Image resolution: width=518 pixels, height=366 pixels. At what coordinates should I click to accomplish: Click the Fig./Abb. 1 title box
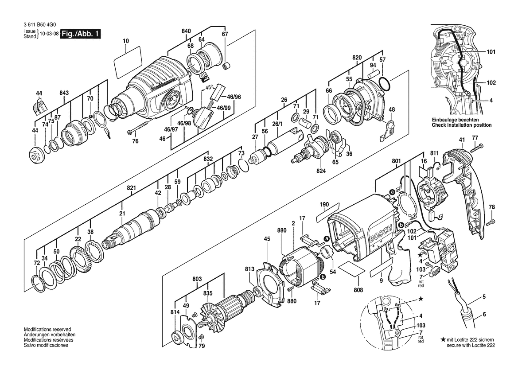point(80,34)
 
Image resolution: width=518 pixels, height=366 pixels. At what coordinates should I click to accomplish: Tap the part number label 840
point(186,31)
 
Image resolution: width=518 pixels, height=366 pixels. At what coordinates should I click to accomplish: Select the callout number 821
point(132,188)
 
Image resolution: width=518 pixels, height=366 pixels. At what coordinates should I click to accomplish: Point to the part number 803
point(197,279)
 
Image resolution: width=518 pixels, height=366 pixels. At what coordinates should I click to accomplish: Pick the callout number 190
point(324,204)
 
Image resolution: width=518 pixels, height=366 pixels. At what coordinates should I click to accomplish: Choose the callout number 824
point(321,171)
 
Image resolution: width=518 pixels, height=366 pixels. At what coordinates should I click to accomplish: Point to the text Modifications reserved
point(47,329)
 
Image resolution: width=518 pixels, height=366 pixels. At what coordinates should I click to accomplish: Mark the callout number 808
point(358,290)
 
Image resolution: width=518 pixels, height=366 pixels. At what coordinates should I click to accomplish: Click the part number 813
point(250,269)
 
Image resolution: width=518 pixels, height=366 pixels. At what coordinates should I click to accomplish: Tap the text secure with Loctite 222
point(471,345)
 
